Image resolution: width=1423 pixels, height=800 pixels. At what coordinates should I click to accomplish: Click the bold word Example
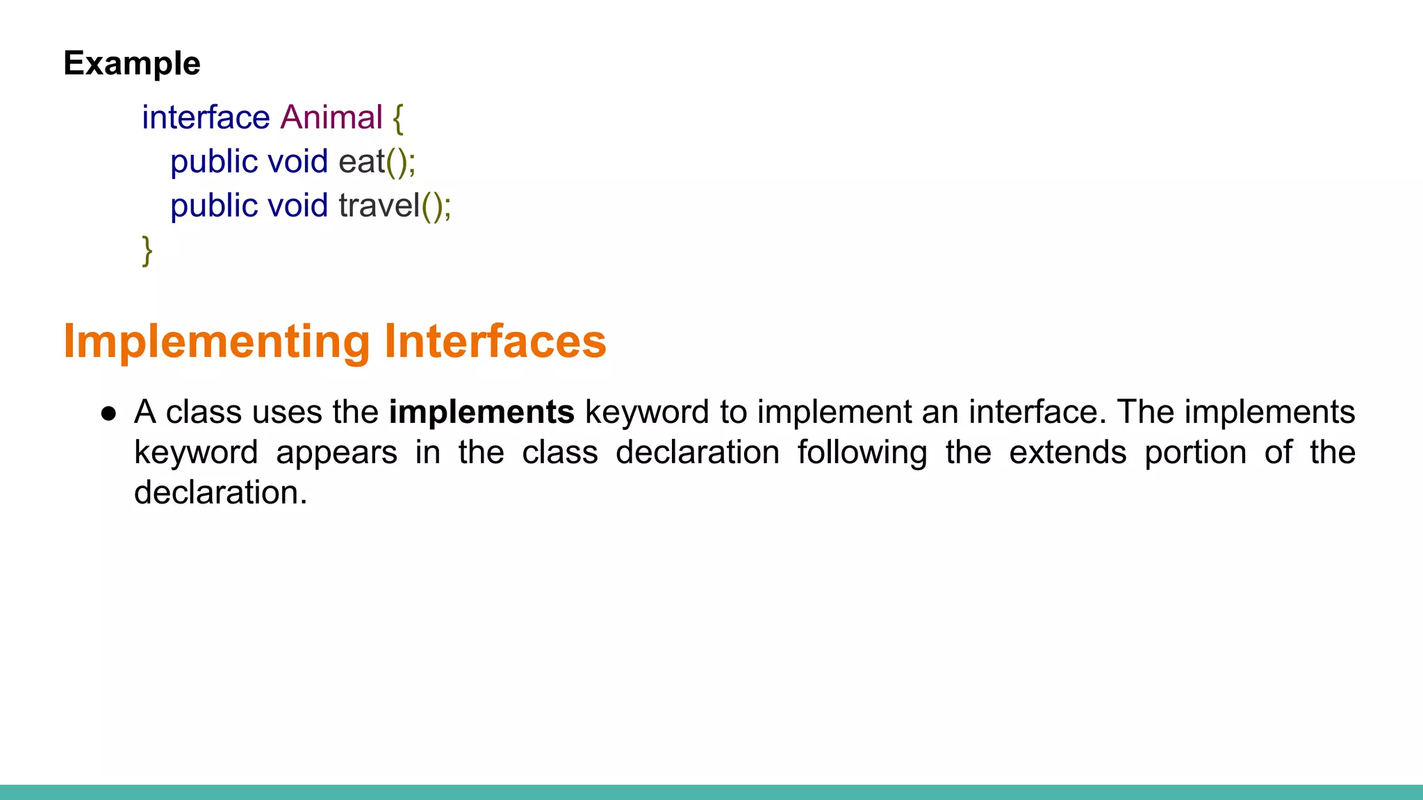click(132, 63)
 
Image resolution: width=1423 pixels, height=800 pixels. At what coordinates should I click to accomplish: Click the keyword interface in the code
click(206, 117)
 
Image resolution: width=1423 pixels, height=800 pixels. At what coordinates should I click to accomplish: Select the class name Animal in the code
click(331, 117)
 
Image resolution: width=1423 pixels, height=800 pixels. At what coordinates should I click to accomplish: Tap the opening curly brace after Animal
click(397, 118)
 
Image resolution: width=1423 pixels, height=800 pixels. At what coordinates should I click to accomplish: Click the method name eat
click(361, 162)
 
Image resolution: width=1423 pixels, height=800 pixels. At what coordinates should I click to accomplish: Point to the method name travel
click(379, 206)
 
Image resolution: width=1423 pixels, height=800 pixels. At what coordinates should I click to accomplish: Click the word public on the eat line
click(214, 162)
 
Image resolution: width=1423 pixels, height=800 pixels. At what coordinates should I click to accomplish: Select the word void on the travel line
click(297, 206)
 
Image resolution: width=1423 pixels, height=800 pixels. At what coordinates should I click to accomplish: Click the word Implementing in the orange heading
click(217, 341)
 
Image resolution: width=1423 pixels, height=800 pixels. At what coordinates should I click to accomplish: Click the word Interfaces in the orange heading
click(495, 341)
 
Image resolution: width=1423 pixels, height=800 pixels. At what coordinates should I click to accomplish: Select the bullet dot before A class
click(108, 414)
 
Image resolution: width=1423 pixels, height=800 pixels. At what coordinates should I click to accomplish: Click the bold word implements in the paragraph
click(482, 412)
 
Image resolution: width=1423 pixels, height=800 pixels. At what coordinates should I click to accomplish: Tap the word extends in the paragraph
click(1067, 452)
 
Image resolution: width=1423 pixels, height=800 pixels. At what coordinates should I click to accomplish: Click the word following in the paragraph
click(862, 452)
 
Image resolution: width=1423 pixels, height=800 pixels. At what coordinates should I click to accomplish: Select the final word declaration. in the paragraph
click(220, 492)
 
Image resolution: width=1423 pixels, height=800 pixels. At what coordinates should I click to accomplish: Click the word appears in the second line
click(336, 452)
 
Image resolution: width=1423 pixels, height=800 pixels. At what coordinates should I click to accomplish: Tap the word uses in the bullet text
click(287, 412)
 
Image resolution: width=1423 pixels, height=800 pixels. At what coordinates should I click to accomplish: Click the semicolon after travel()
click(447, 207)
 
